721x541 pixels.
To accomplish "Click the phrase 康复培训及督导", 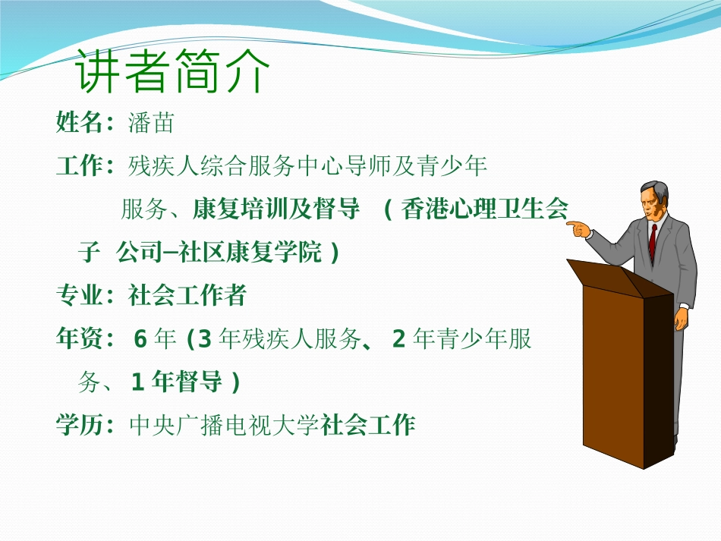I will [276, 209].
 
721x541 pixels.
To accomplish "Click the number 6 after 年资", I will [140, 339].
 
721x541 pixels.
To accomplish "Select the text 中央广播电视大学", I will [224, 426].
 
